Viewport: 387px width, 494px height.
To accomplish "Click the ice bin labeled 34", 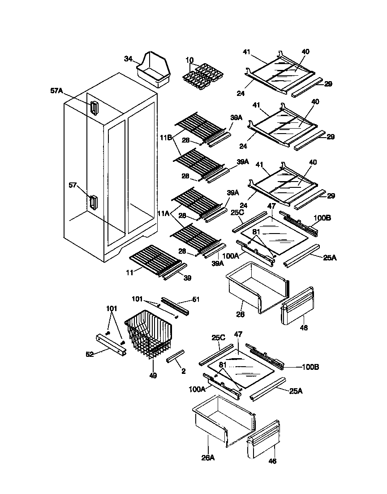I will (x=155, y=69).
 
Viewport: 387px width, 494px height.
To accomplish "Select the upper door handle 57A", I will (x=94, y=108).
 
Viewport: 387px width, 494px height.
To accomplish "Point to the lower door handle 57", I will (x=93, y=202).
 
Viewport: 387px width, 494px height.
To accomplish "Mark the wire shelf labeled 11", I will (x=155, y=260).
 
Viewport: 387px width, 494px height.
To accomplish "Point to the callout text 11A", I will (x=163, y=214).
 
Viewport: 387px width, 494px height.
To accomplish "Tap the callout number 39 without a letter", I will (x=187, y=278).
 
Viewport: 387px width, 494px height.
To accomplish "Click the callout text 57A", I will (x=57, y=91).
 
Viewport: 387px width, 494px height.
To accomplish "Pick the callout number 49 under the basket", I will (x=153, y=376).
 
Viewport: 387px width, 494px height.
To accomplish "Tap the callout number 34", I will (x=128, y=59).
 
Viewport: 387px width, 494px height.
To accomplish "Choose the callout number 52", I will (x=90, y=354).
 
